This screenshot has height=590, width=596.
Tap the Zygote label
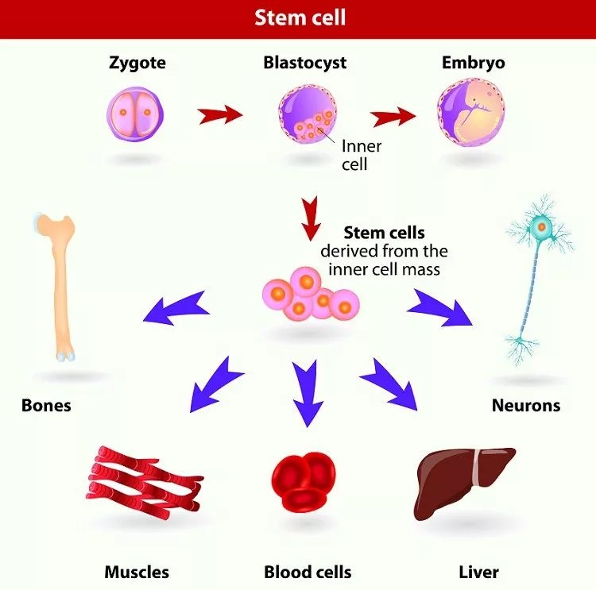137,63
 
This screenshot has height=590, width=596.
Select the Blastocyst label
304,63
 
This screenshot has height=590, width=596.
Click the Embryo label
473,63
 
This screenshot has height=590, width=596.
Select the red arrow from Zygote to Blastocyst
220,115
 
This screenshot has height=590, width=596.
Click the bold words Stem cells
384,233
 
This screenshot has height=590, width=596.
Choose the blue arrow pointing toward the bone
176,308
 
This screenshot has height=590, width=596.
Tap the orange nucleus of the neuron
542,229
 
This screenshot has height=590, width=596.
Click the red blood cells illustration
304,480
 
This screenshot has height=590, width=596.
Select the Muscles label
137,572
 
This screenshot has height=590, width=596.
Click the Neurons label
526,406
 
